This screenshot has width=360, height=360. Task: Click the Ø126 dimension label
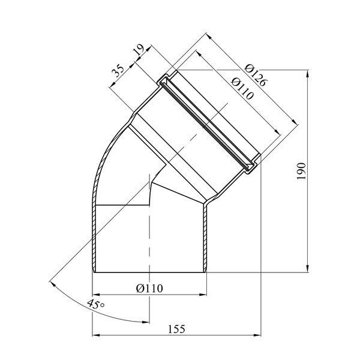tap(256, 76)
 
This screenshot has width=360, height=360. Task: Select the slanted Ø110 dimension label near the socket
tap(242, 89)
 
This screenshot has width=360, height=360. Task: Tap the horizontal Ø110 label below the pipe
tap(149, 288)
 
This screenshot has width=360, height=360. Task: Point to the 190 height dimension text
tap(301, 171)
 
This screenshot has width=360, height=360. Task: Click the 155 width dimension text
tap(176, 329)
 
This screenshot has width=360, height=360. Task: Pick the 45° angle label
tap(96, 304)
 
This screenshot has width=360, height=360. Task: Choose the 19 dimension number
tap(139, 49)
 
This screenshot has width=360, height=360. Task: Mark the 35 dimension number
tap(118, 71)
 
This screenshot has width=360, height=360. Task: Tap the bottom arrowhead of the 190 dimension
tap(308, 269)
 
